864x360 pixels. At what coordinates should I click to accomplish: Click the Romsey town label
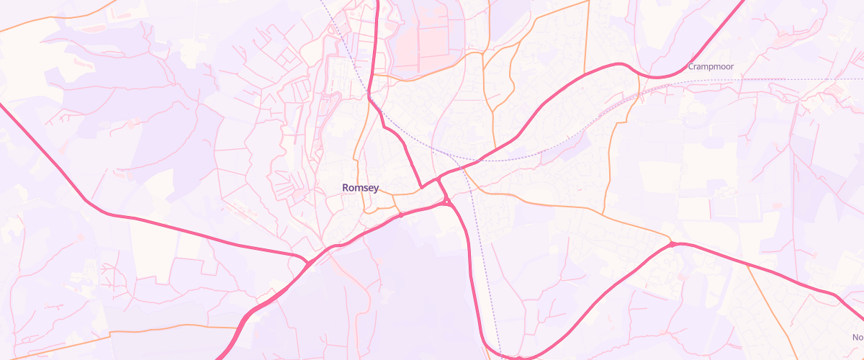[360, 188]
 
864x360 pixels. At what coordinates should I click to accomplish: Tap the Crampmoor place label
[710, 66]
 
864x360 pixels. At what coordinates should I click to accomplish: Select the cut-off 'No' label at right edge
[858, 337]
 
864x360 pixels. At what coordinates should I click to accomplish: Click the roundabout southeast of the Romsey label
[447, 202]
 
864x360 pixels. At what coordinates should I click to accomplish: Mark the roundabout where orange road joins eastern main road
[672, 245]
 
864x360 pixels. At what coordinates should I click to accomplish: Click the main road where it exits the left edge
[3, 107]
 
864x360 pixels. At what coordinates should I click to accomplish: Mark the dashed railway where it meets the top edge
[321, 2]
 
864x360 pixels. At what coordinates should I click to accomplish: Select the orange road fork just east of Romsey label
[394, 194]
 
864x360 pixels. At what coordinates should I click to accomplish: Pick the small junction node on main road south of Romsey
[400, 215]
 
